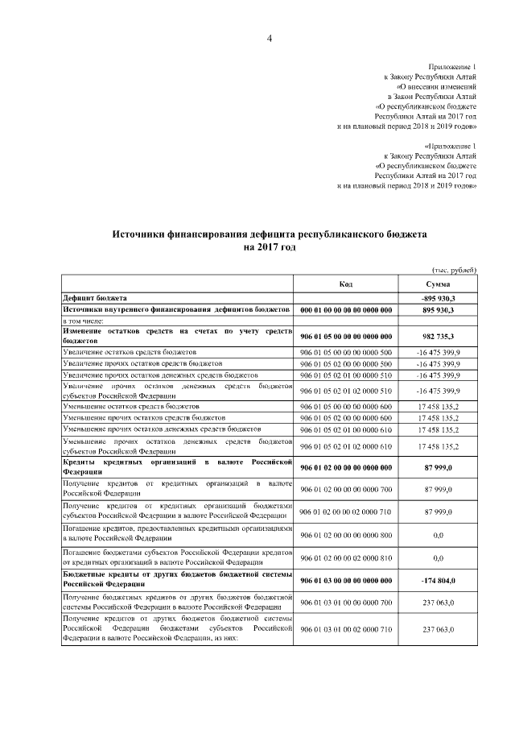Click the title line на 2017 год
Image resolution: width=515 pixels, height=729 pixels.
click(270, 247)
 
